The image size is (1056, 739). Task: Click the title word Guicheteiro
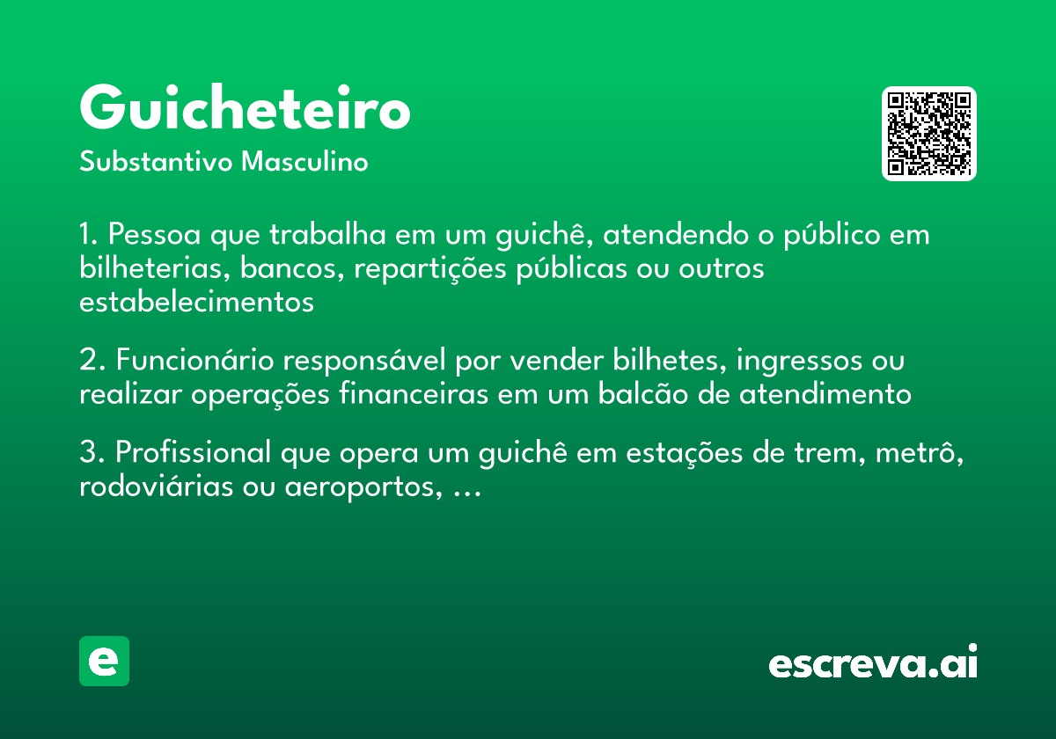tap(245, 110)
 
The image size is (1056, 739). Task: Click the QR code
tap(928, 134)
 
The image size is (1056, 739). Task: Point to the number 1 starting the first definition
tap(86, 236)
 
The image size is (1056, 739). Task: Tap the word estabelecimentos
tap(196, 301)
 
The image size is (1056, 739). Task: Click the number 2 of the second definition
tap(87, 362)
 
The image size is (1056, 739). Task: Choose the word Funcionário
tap(192, 362)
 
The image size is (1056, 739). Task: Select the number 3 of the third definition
tap(87, 454)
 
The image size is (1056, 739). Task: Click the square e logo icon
tap(104, 662)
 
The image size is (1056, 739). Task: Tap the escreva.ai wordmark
tap(873, 663)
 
